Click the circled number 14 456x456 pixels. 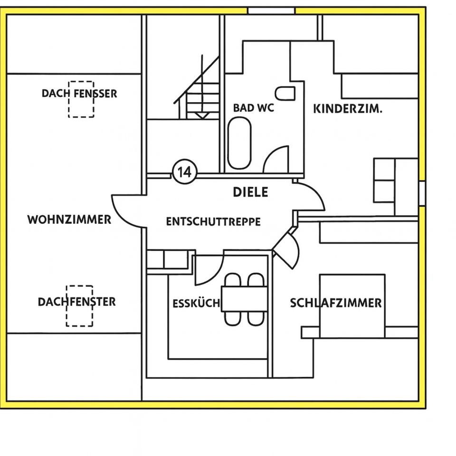pyautogui.click(x=184, y=172)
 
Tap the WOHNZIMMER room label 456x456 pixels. pyautogui.click(x=69, y=219)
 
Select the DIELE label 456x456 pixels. pyautogui.click(x=250, y=192)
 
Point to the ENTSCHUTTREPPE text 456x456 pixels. pyautogui.click(x=213, y=222)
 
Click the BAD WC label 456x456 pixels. pyautogui.click(x=254, y=108)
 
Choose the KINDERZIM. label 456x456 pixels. pyautogui.click(x=348, y=109)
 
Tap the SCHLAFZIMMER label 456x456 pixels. pyautogui.click(x=336, y=303)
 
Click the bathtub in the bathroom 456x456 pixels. pyautogui.click(x=239, y=143)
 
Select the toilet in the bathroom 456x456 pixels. pyautogui.click(x=285, y=93)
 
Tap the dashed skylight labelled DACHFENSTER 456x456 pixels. pyautogui.click(x=79, y=306)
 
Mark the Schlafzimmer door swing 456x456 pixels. pyautogui.click(x=288, y=248)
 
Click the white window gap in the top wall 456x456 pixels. pyautogui.click(x=271, y=10)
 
